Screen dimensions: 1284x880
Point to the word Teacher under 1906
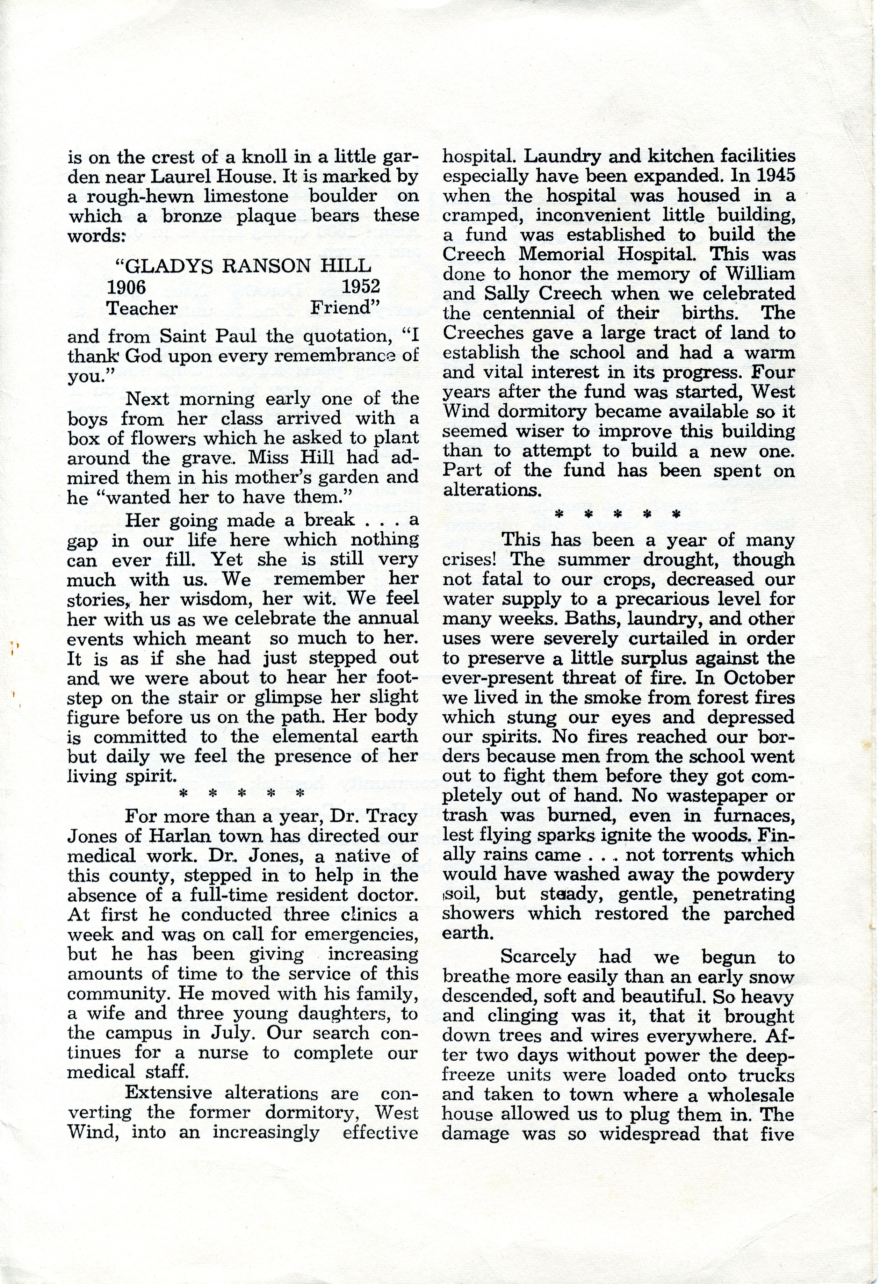[x=143, y=308]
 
